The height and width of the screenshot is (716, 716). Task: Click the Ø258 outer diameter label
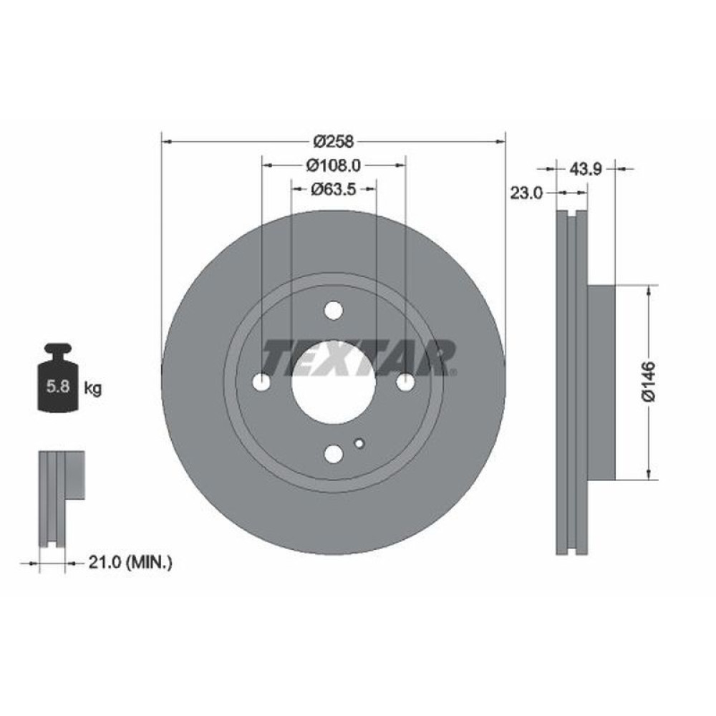click(x=333, y=140)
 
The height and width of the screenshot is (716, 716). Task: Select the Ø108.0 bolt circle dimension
click(x=333, y=165)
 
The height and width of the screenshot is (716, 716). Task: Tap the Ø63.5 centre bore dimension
click(x=334, y=189)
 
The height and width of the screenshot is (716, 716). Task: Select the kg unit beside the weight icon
click(x=92, y=389)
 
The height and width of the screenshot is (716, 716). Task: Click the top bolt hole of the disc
click(x=334, y=311)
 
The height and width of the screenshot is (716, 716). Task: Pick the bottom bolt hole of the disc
click(x=334, y=454)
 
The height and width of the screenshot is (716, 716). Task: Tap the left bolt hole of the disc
click(x=262, y=383)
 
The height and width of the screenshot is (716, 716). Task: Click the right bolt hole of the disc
click(x=405, y=383)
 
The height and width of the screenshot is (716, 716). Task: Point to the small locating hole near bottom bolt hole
click(x=359, y=442)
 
